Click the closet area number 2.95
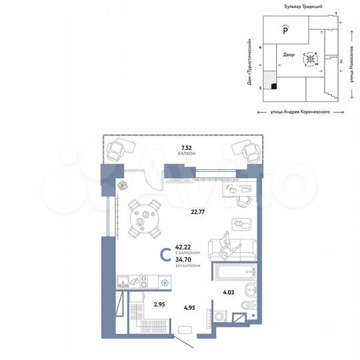(159, 305)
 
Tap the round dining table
(141, 219)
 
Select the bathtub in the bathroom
(233, 271)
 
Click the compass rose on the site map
(310, 60)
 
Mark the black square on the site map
(274, 85)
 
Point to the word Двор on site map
(288, 56)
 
